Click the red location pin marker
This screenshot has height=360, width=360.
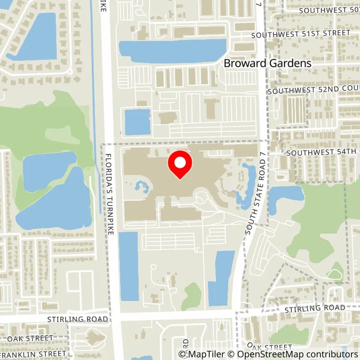pos(180,165)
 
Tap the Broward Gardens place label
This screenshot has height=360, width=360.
pos(268,63)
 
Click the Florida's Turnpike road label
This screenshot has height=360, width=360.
pos(109,193)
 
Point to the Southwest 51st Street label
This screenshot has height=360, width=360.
pos(301,34)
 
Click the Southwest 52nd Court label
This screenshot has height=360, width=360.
pos(313,90)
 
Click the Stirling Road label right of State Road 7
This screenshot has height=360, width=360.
pos(315,308)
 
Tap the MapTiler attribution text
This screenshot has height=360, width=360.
pos(203,354)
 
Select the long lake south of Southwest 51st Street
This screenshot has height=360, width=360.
pos(172,51)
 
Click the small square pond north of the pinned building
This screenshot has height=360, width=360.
pos(137,121)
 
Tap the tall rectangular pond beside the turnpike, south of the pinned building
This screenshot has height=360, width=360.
pos(129,265)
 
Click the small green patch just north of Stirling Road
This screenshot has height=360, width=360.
pos(193,296)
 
